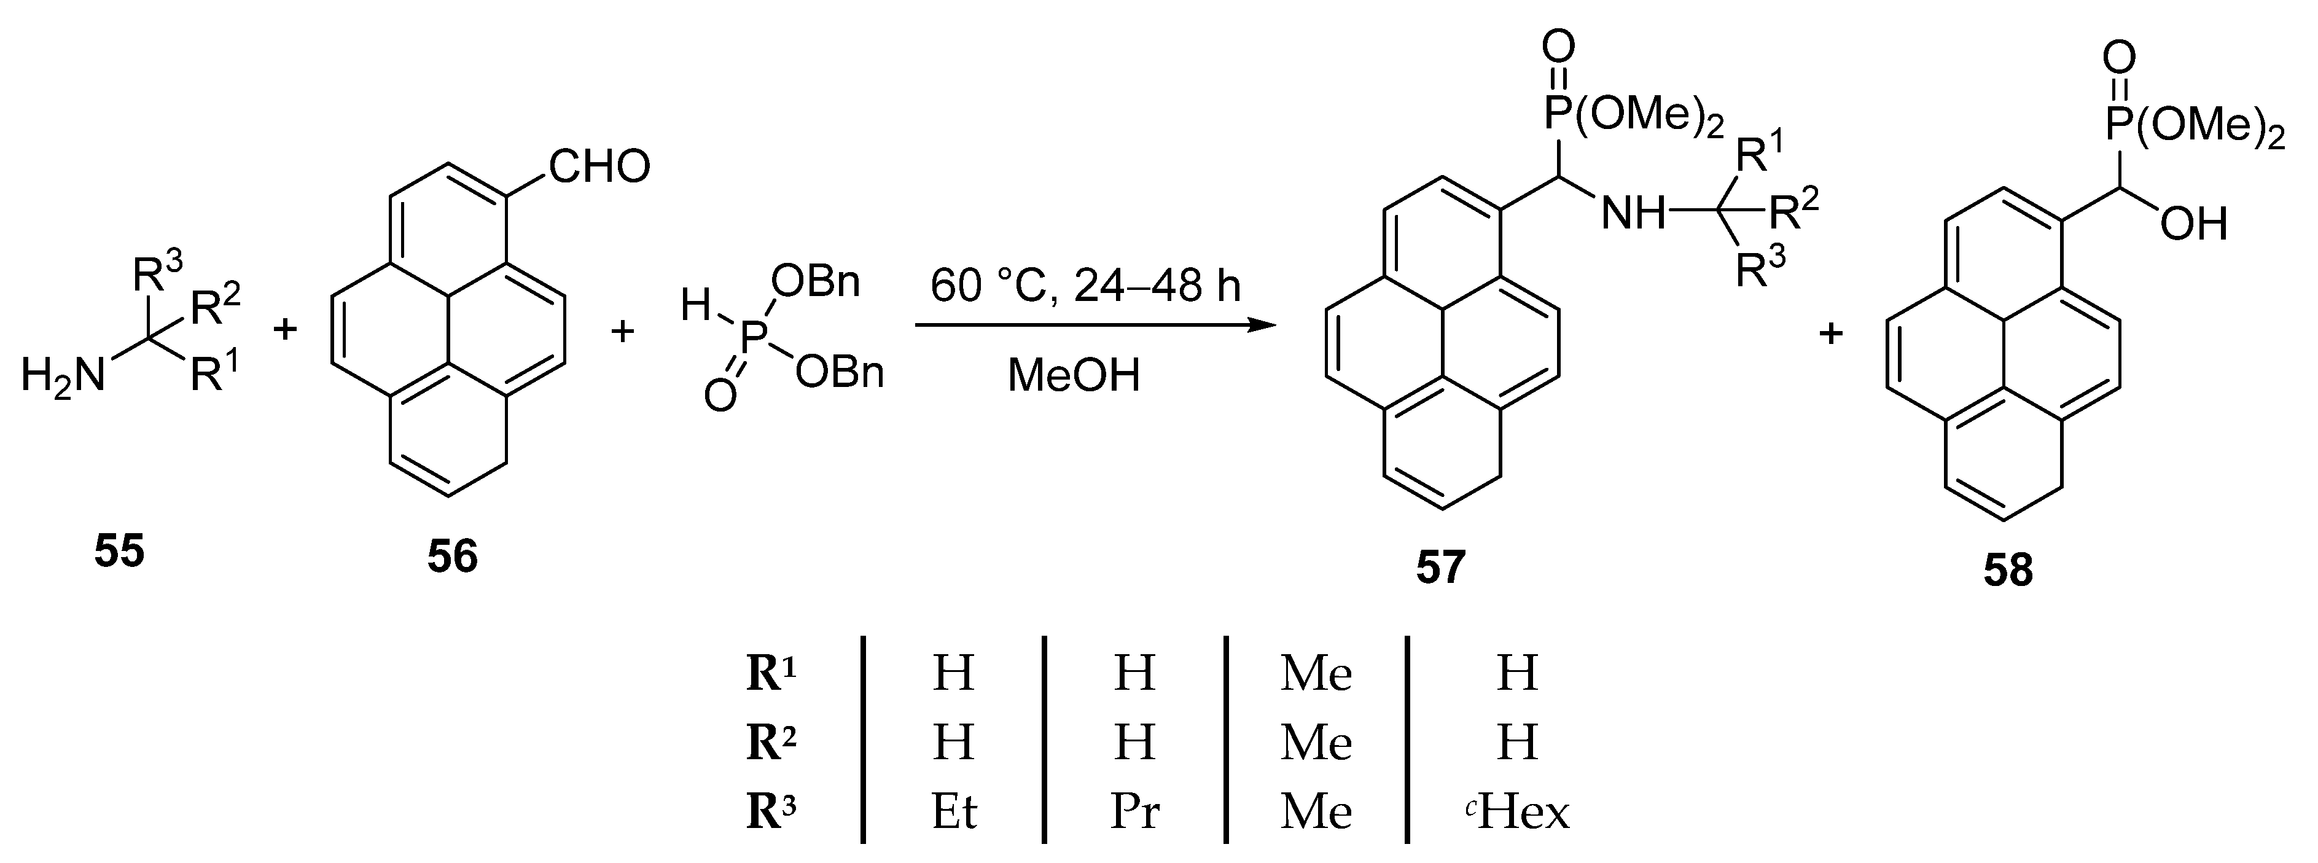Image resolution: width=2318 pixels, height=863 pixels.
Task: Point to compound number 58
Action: coord(2008,571)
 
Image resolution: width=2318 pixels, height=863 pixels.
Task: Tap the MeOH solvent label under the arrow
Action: coord(1074,375)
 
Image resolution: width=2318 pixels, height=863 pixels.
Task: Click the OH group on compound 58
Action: coord(2194,223)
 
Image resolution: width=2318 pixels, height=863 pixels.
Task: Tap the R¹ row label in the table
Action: coord(771,674)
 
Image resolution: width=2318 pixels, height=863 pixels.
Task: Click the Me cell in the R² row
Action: coord(1316,743)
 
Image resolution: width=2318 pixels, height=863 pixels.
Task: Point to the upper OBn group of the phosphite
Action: coord(815,283)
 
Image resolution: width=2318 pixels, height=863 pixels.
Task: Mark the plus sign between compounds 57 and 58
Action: coord(1831,335)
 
